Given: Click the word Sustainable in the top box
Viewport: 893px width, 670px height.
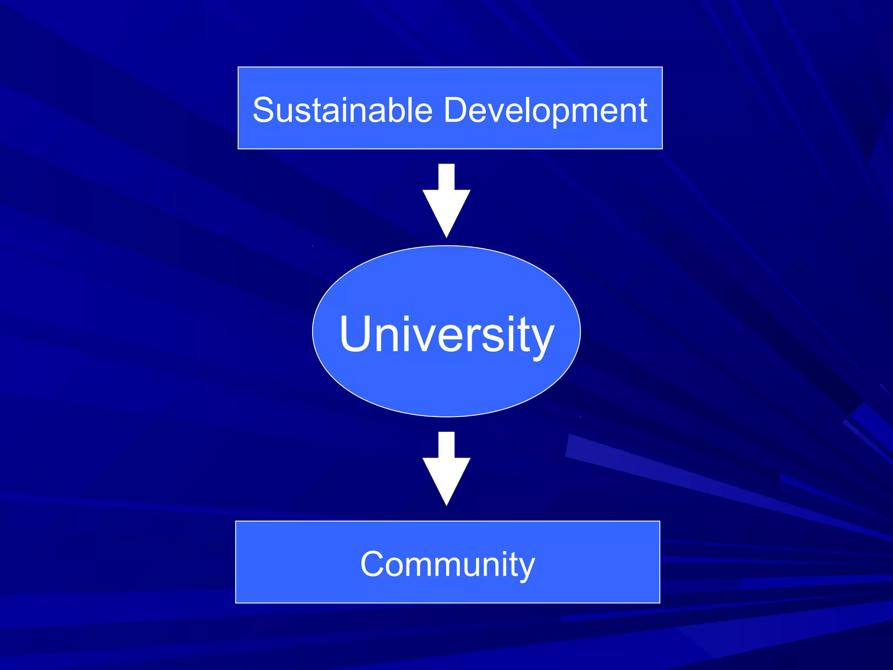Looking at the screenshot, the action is [342, 110].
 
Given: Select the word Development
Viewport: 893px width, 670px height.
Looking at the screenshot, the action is [545, 111].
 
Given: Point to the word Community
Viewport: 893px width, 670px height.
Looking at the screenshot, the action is [447, 564].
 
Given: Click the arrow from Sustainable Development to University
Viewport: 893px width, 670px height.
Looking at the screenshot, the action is [446, 201].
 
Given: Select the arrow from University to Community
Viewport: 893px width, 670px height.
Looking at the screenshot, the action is [446, 468].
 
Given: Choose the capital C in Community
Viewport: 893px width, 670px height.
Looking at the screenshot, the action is [373, 564].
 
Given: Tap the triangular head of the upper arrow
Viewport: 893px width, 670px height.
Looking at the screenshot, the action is [446, 209].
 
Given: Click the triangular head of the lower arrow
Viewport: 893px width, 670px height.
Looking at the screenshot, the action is [446, 477].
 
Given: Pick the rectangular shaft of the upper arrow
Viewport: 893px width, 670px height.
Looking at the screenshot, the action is [446, 177].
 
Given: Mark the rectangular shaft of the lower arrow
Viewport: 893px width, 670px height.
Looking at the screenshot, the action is [446, 444].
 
